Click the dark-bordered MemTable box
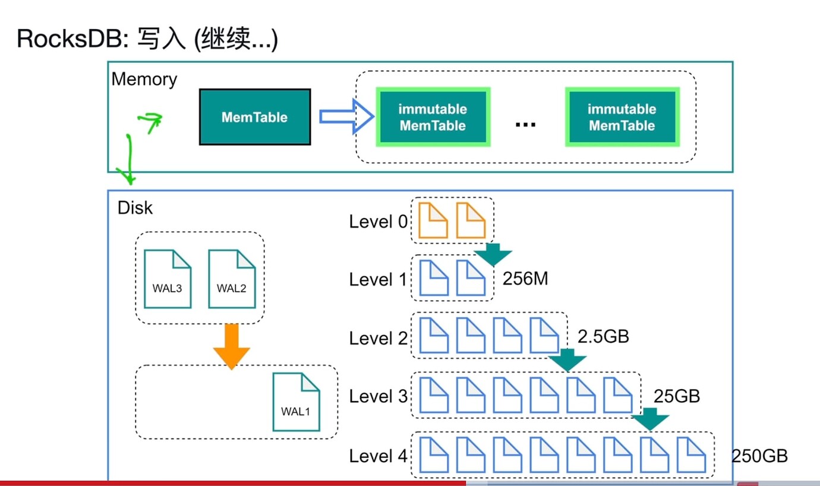[x=255, y=116]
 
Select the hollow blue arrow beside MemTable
[x=346, y=116]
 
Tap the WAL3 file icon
[x=168, y=279]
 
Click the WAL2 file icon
[x=232, y=279]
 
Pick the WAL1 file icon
[x=296, y=402]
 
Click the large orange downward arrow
[x=231, y=346]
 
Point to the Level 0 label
[x=378, y=222]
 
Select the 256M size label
[x=525, y=279]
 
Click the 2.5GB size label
[x=603, y=336]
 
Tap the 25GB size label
[x=677, y=396]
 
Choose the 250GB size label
[x=759, y=456]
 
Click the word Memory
[x=144, y=80]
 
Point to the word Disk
[x=135, y=208]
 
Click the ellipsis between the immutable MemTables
[x=525, y=125]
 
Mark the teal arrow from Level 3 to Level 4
[x=650, y=419]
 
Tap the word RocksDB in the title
[x=69, y=39]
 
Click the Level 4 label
[x=378, y=456]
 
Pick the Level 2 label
[x=378, y=338]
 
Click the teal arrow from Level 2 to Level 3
[x=567, y=360]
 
